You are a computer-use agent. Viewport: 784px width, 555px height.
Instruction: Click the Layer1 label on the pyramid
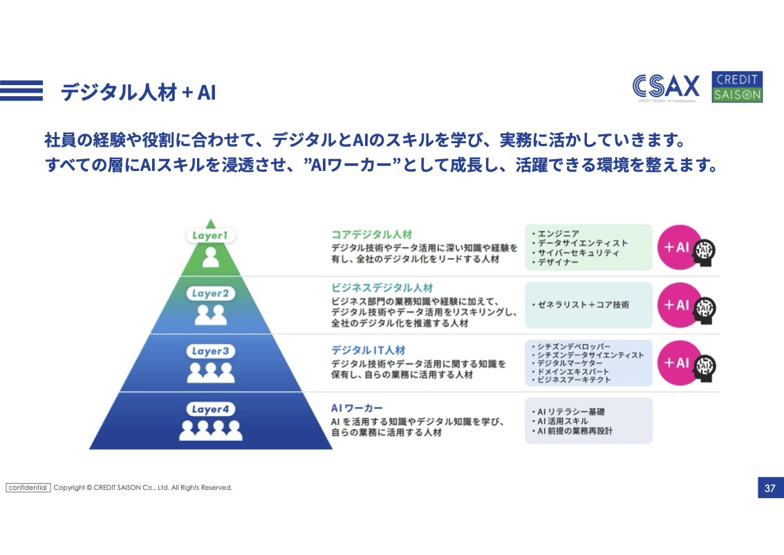click(210, 235)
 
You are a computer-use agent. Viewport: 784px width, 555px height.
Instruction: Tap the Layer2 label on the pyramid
click(210, 293)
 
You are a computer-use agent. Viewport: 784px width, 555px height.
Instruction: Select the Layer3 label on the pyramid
click(210, 351)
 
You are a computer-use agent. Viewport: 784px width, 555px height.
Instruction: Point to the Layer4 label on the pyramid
click(210, 409)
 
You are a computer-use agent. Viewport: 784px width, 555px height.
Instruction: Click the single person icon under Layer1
click(210, 257)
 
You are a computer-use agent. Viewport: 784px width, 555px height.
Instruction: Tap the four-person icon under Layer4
click(210, 430)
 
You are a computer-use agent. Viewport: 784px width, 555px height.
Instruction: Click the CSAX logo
click(666, 87)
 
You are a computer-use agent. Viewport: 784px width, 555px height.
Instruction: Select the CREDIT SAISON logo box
click(737, 87)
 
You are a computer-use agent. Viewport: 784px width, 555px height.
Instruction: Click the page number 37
click(769, 488)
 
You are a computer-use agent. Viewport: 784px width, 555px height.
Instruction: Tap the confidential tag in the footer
click(28, 487)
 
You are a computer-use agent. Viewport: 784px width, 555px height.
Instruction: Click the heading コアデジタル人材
click(371, 234)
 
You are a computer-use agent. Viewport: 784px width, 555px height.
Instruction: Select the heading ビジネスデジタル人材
click(382, 288)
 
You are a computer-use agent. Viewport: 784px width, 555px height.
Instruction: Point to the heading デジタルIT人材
click(368, 350)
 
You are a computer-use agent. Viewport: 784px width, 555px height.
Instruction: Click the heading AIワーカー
click(357, 408)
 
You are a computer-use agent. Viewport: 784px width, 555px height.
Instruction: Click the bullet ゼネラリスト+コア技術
click(580, 304)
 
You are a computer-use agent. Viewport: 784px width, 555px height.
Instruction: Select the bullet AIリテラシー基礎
click(568, 411)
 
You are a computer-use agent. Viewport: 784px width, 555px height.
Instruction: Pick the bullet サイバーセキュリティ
click(575, 253)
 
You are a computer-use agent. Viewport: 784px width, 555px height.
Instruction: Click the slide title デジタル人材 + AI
click(138, 92)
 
